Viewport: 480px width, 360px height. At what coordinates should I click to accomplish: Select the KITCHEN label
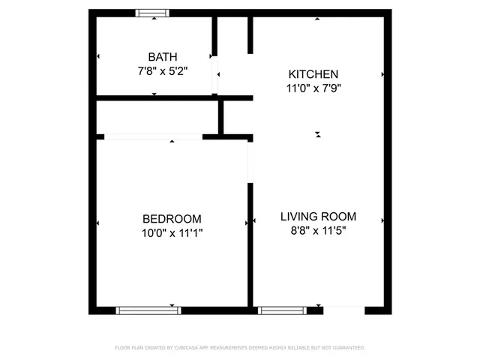313,74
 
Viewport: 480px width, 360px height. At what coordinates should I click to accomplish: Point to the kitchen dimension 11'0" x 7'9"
313,88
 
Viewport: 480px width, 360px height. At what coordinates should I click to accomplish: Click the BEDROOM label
172,219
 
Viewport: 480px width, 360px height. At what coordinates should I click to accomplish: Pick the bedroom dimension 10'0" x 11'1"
172,233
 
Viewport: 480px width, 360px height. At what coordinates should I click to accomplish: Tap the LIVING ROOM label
318,217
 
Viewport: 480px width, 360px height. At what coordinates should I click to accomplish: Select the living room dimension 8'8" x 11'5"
318,231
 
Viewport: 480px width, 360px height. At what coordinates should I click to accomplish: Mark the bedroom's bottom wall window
148,310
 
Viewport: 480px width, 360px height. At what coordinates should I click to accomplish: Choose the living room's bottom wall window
282,310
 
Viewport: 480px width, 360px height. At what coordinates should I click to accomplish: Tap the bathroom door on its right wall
215,74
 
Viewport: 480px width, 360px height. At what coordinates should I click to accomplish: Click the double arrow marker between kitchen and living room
318,135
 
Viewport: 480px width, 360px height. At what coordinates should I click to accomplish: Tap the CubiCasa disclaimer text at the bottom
239,348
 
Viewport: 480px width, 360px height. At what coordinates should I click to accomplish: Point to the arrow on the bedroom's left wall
99,223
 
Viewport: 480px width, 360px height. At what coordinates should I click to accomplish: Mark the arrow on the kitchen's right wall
383,75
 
